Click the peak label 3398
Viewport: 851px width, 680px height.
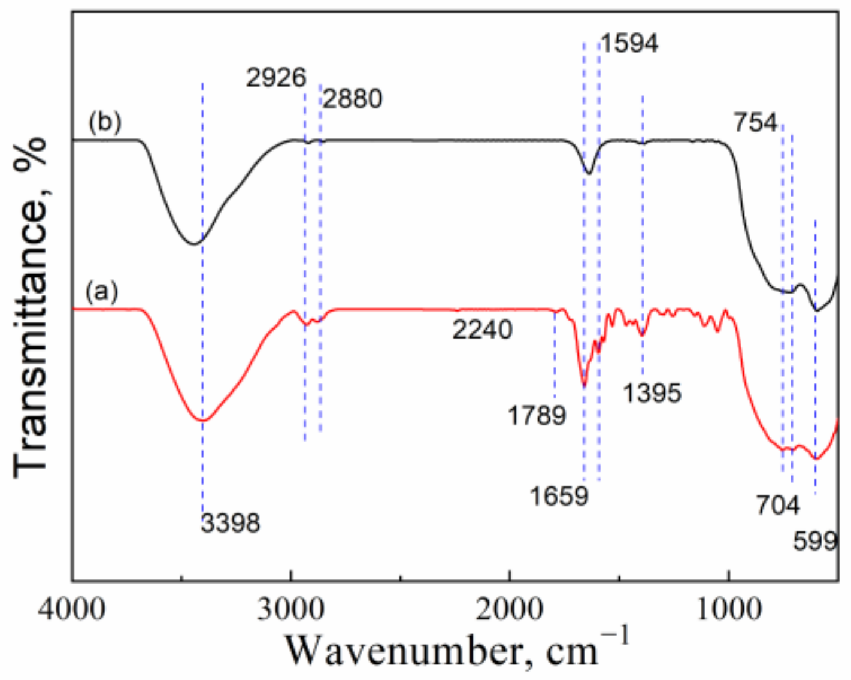pyautogui.click(x=231, y=523)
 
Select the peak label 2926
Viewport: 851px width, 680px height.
pyautogui.click(x=276, y=78)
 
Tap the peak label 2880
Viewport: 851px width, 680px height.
pyautogui.click(x=353, y=99)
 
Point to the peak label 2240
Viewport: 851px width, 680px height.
pyautogui.click(x=482, y=330)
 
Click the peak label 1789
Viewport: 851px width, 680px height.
pyautogui.click(x=537, y=415)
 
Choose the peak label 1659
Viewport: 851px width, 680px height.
pyautogui.click(x=559, y=496)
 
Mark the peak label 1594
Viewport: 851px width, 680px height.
pyautogui.click(x=629, y=43)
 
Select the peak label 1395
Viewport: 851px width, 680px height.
pyautogui.click(x=652, y=394)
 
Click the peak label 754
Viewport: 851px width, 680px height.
pyautogui.click(x=756, y=123)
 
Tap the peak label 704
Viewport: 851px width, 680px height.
pyautogui.click(x=777, y=506)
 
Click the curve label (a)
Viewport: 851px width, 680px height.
pyautogui.click(x=102, y=292)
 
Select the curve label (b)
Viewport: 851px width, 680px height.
pyautogui.click(x=105, y=122)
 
